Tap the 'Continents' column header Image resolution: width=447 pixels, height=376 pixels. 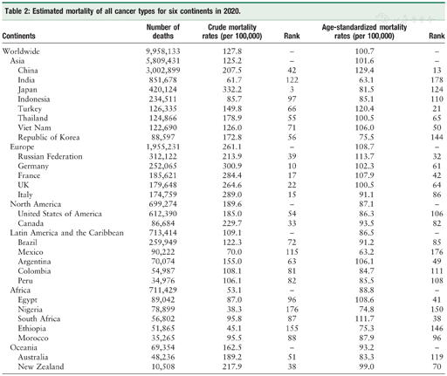[x=26, y=36]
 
